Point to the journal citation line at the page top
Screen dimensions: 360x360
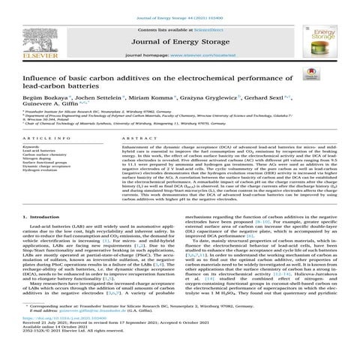pos(179,8)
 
